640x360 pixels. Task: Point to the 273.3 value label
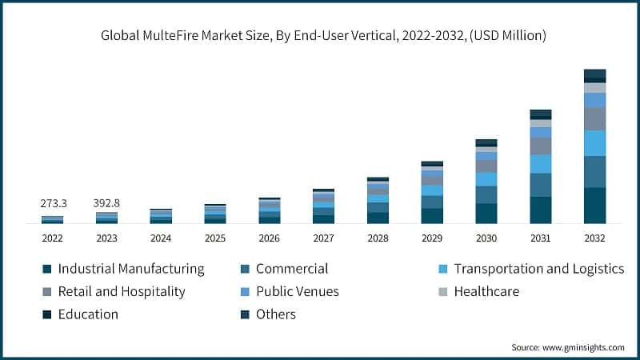coord(53,204)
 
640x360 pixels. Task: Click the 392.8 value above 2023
coord(107,204)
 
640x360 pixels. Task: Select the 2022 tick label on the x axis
coord(53,238)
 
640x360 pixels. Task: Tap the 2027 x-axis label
coord(323,238)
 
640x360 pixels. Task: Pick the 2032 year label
coord(594,238)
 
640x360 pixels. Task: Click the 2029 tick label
coord(432,238)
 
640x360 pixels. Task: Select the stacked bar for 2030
coord(486,181)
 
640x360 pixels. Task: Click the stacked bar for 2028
coord(378,200)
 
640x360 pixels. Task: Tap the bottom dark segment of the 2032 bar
coord(594,205)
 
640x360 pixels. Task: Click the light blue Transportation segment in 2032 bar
coord(594,142)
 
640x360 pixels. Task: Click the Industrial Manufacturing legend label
coord(131,269)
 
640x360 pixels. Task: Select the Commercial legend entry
coord(292,269)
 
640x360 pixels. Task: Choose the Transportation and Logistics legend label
coord(538,269)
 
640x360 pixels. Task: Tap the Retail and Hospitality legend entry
coord(122,291)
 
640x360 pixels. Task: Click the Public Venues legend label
coord(297,291)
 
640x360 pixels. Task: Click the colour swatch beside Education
coord(47,314)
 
